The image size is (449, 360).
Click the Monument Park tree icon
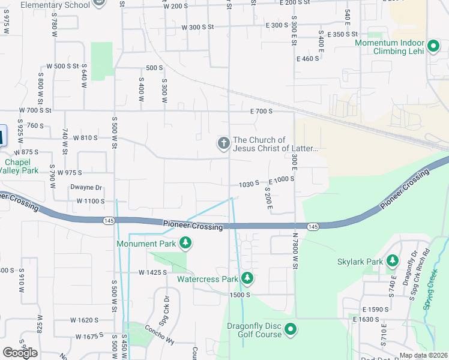(x=186, y=243)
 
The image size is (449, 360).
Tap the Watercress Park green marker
(x=247, y=278)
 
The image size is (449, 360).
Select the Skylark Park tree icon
(x=393, y=261)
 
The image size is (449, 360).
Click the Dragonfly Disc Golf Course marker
(x=291, y=329)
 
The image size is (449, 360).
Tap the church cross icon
(x=223, y=143)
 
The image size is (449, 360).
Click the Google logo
(x=20, y=352)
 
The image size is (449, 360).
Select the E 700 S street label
(x=262, y=111)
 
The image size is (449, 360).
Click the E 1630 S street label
(x=367, y=320)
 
